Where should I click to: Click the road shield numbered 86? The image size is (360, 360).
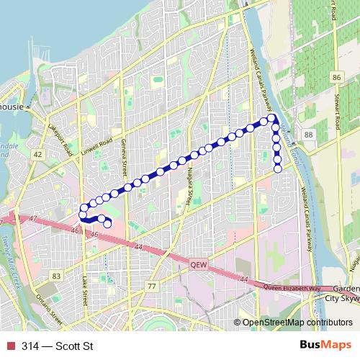coord(336,76)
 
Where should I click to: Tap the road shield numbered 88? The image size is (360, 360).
coord(308,135)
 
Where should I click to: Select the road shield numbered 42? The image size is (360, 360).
coord(37,155)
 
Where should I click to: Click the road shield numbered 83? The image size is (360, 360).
coord(57,276)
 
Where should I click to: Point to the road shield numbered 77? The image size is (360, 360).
coord(151,287)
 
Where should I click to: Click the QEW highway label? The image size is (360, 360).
coord(197,264)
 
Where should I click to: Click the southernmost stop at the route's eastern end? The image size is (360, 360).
coord(278,169)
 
